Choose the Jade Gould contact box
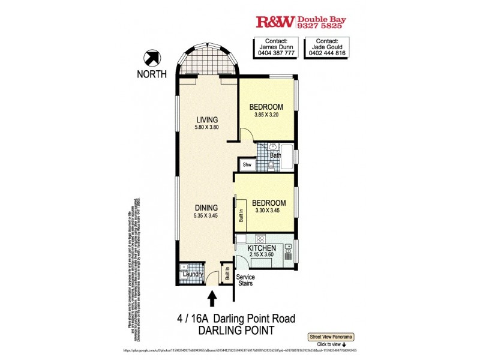click(x=327, y=47)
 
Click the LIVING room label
click(x=206, y=119)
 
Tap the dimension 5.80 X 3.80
click(x=206, y=127)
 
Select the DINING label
click(x=205, y=207)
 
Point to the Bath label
click(x=275, y=155)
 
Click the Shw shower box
click(x=247, y=164)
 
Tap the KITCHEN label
click(x=262, y=248)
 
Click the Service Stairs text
click(x=245, y=280)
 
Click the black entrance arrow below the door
click(x=212, y=298)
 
